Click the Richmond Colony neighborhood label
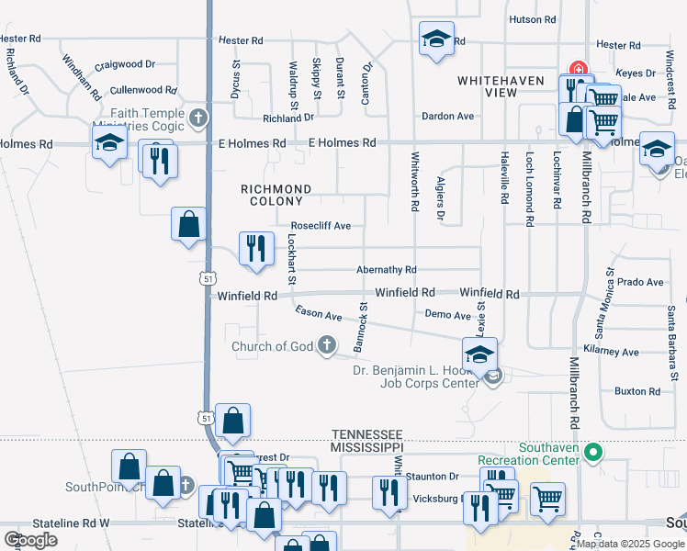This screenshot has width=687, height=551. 276,195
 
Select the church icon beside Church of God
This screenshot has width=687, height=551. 325,346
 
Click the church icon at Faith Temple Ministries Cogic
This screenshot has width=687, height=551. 197,118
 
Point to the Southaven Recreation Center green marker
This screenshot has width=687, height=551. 593,452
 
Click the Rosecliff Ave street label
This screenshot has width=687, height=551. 321,226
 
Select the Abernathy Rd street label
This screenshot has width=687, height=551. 387,270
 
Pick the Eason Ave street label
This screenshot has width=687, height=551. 318,314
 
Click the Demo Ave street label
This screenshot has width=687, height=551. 448,315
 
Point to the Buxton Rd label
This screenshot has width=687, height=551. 637,391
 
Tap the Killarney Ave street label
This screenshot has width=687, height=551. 616,352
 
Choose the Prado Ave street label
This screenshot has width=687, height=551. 640,282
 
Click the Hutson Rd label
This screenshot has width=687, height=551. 533,19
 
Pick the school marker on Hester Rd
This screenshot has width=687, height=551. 437,39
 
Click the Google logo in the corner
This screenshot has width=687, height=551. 30,540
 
